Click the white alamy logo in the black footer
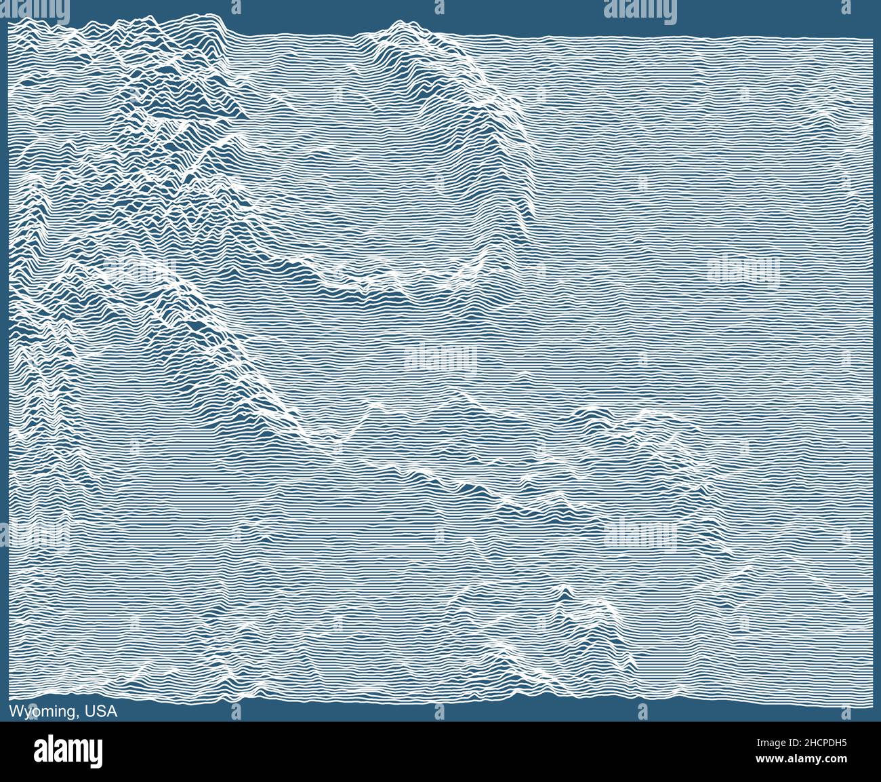68,751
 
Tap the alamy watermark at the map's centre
440,357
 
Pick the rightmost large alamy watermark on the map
743,270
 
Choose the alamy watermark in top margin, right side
640,9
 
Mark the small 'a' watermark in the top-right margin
845,9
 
